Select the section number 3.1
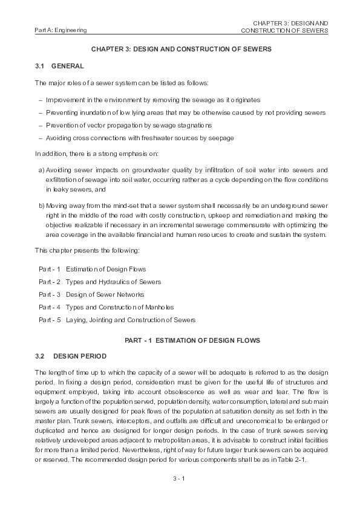[x=40, y=65]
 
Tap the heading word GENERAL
[x=68, y=65]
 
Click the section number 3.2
[x=40, y=356]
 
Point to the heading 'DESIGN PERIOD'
[x=79, y=356]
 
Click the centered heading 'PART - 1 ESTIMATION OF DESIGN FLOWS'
[x=192, y=340]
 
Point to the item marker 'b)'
[x=41, y=206]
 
